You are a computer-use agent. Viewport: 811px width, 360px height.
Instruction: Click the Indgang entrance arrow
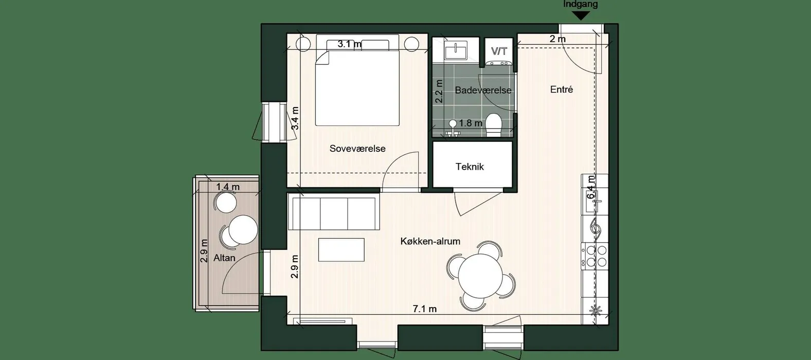click(x=581, y=16)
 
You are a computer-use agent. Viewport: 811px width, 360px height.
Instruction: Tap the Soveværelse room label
click(x=357, y=149)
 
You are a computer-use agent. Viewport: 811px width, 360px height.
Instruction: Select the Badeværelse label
click(x=483, y=90)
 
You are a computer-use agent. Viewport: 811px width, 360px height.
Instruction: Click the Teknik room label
click(x=470, y=167)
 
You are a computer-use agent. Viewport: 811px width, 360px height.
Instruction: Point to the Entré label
click(x=562, y=89)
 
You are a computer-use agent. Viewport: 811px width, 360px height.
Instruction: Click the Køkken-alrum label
click(x=430, y=241)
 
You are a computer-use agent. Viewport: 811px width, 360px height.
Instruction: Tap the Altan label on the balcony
click(x=224, y=258)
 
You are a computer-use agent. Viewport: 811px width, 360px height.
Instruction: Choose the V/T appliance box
click(x=499, y=51)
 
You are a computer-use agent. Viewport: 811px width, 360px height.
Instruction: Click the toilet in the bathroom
click(x=494, y=125)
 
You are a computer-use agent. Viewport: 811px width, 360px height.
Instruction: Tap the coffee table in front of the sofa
click(x=341, y=249)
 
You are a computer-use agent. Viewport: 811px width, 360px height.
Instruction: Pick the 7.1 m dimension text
click(x=425, y=309)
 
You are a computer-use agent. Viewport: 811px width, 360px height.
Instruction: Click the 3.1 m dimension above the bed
click(x=349, y=44)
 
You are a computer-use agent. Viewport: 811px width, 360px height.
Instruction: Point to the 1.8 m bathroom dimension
click(x=471, y=123)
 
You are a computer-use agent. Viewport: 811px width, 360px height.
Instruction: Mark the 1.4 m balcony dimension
click(x=228, y=187)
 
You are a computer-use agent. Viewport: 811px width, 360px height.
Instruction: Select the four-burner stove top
click(x=595, y=256)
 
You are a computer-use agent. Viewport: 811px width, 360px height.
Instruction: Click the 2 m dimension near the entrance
click(x=557, y=39)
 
